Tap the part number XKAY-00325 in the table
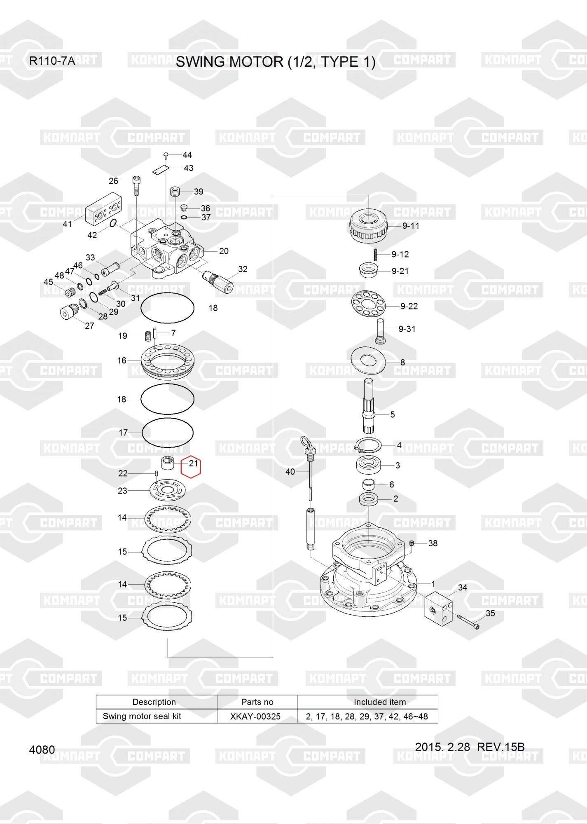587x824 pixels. [255, 716]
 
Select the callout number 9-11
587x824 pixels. [411, 226]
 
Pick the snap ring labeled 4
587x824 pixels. [368, 445]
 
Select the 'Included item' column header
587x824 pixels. [380, 702]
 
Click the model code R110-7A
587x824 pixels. [52, 61]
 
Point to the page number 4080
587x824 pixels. [42, 749]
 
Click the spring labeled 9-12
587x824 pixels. [376, 255]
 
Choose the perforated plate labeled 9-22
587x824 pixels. [368, 304]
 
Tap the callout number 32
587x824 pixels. [243, 269]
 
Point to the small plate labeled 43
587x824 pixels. [161, 169]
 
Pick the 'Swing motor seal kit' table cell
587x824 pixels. [142, 716]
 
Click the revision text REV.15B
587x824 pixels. [500, 747]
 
